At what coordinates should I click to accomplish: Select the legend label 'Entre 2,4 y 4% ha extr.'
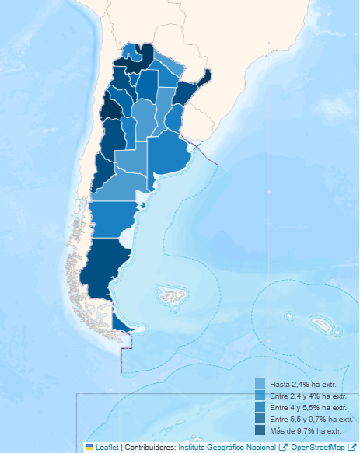click(306, 396)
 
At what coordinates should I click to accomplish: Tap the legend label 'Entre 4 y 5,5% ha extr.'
click(306, 407)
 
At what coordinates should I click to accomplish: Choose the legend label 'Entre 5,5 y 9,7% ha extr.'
click(309, 419)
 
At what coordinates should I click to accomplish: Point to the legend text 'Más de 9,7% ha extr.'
click(305, 430)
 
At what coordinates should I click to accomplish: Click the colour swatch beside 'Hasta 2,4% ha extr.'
click(260, 384)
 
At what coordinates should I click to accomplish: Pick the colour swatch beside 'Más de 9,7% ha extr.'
click(260, 430)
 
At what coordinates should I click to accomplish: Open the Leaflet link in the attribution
click(107, 447)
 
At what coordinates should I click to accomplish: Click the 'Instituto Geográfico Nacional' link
click(227, 447)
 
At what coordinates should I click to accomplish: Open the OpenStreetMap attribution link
click(318, 447)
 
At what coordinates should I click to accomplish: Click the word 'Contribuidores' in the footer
click(150, 447)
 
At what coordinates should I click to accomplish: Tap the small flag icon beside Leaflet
click(89, 447)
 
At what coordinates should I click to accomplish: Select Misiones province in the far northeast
click(206, 78)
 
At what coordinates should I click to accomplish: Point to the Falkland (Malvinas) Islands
click(170, 295)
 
